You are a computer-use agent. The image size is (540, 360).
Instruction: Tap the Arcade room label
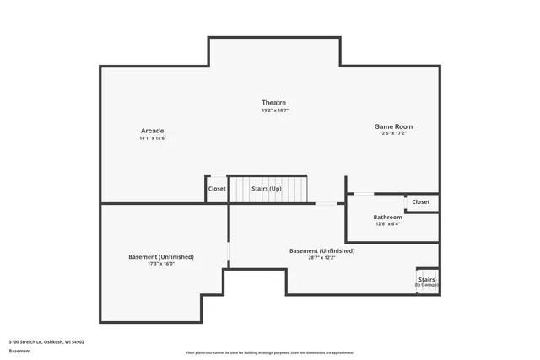(x=153, y=130)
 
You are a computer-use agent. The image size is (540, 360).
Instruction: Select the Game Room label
(x=393, y=126)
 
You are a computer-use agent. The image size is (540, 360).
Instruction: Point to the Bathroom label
(x=387, y=217)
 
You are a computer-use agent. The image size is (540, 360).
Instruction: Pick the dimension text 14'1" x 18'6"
(x=153, y=138)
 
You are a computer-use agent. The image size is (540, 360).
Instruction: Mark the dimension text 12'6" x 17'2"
(x=393, y=134)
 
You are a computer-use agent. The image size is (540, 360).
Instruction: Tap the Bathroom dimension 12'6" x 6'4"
(x=387, y=224)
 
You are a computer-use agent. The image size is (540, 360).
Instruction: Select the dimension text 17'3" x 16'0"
(x=160, y=264)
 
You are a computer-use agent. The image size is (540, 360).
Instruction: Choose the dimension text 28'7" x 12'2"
(x=321, y=258)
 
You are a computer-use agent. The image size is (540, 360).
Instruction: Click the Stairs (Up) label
(x=266, y=189)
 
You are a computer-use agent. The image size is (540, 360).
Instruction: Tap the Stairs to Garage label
(x=426, y=282)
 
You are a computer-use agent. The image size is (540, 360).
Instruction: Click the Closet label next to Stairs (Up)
(x=217, y=189)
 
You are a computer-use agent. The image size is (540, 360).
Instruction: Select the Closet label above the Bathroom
(x=420, y=202)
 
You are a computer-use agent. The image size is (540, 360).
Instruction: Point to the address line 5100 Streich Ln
(x=46, y=341)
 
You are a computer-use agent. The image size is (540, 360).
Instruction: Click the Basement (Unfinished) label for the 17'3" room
(x=160, y=256)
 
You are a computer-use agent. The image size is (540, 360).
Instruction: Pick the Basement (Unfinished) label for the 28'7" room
(x=321, y=250)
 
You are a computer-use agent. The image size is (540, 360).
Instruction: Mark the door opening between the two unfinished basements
(x=228, y=253)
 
